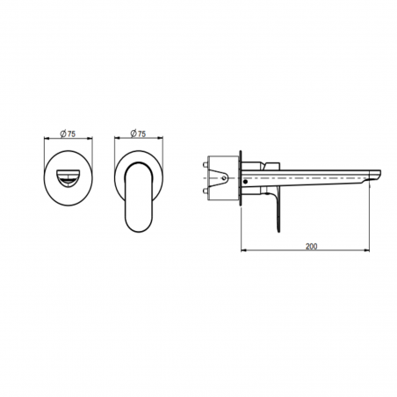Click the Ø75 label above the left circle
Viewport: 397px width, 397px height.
pyautogui.click(x=68, y=134)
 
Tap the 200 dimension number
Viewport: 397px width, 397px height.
pyautogui.click(x=312, y=246)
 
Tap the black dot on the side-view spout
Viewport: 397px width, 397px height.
pyautogui.click(x=246, y=181)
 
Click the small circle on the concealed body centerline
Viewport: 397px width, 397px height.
pyautogui.click(x=222, y=177)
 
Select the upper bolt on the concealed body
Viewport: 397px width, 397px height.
pyautogui.click(x=206, y=163)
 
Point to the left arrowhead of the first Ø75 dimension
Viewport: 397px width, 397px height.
pyautogui.click(x=47, y=140)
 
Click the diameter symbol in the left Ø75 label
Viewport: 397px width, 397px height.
pyautogui.click(x=62, y=134)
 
